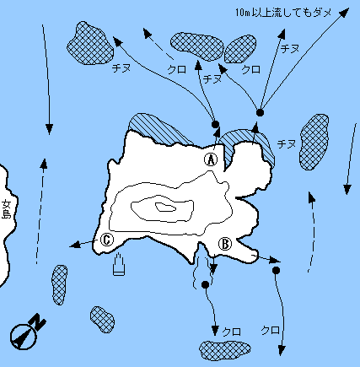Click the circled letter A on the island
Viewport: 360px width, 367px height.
coord(211,159)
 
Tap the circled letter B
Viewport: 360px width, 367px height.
coord(225,244)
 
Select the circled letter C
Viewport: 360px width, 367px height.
coord(107,240)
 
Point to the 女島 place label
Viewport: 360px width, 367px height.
coord(6,209)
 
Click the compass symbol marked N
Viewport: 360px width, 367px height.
coord(27,332)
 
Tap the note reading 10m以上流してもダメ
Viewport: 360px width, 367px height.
coord(283,13)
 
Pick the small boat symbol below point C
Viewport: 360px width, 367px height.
coord(119,264)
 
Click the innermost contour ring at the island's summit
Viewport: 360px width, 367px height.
coord(166,208)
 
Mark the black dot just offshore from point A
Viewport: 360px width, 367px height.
coord(215,124)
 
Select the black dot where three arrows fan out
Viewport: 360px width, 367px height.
coord(261,112)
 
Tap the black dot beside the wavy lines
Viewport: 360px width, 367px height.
coord(206,284)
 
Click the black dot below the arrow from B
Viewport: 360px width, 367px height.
coord(276,271)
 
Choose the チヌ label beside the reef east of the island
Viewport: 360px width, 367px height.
coord(287,144)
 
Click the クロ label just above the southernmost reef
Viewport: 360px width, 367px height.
coord(231,332)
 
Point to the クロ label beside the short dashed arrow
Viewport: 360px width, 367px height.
coord(176,69)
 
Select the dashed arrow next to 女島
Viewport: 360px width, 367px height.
coord(40,212)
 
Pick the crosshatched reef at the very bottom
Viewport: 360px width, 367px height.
coord(225,350)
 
